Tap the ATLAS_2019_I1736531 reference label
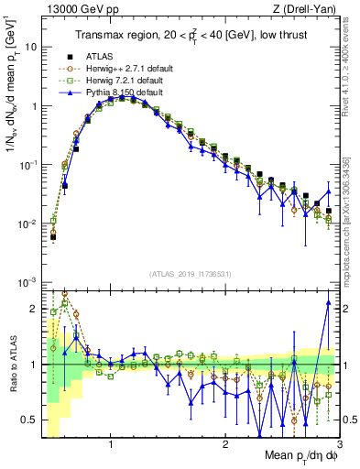click(x=191, y=274)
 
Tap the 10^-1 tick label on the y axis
click(x=27, y=165)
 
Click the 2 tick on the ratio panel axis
click(x=32, y=309)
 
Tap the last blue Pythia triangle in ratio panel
click(x=328, y=303)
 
